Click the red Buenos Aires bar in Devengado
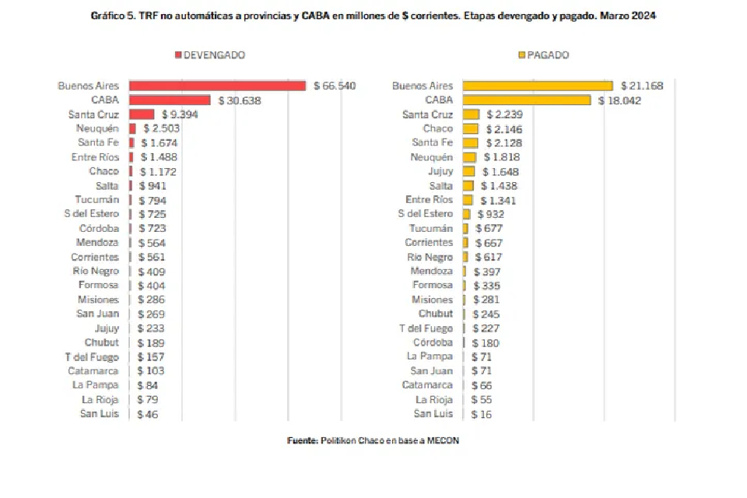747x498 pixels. pos(217,86)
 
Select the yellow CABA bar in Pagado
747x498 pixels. pos(526,100)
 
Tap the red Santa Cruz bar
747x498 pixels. pos(142,114)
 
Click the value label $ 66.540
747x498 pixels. pos(335,86)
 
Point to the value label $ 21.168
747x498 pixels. pos(641,86)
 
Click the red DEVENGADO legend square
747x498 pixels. pos(178,55)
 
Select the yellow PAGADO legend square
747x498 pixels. pos(521,55)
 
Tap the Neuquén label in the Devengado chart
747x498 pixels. pos(97,128)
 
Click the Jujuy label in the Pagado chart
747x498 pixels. pos(440,171)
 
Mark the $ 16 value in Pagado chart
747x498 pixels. pos(482,414)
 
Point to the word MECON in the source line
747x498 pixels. pos(443,441)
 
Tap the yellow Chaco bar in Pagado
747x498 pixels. pos(470,128)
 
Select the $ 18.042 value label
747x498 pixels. pos(619,100)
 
